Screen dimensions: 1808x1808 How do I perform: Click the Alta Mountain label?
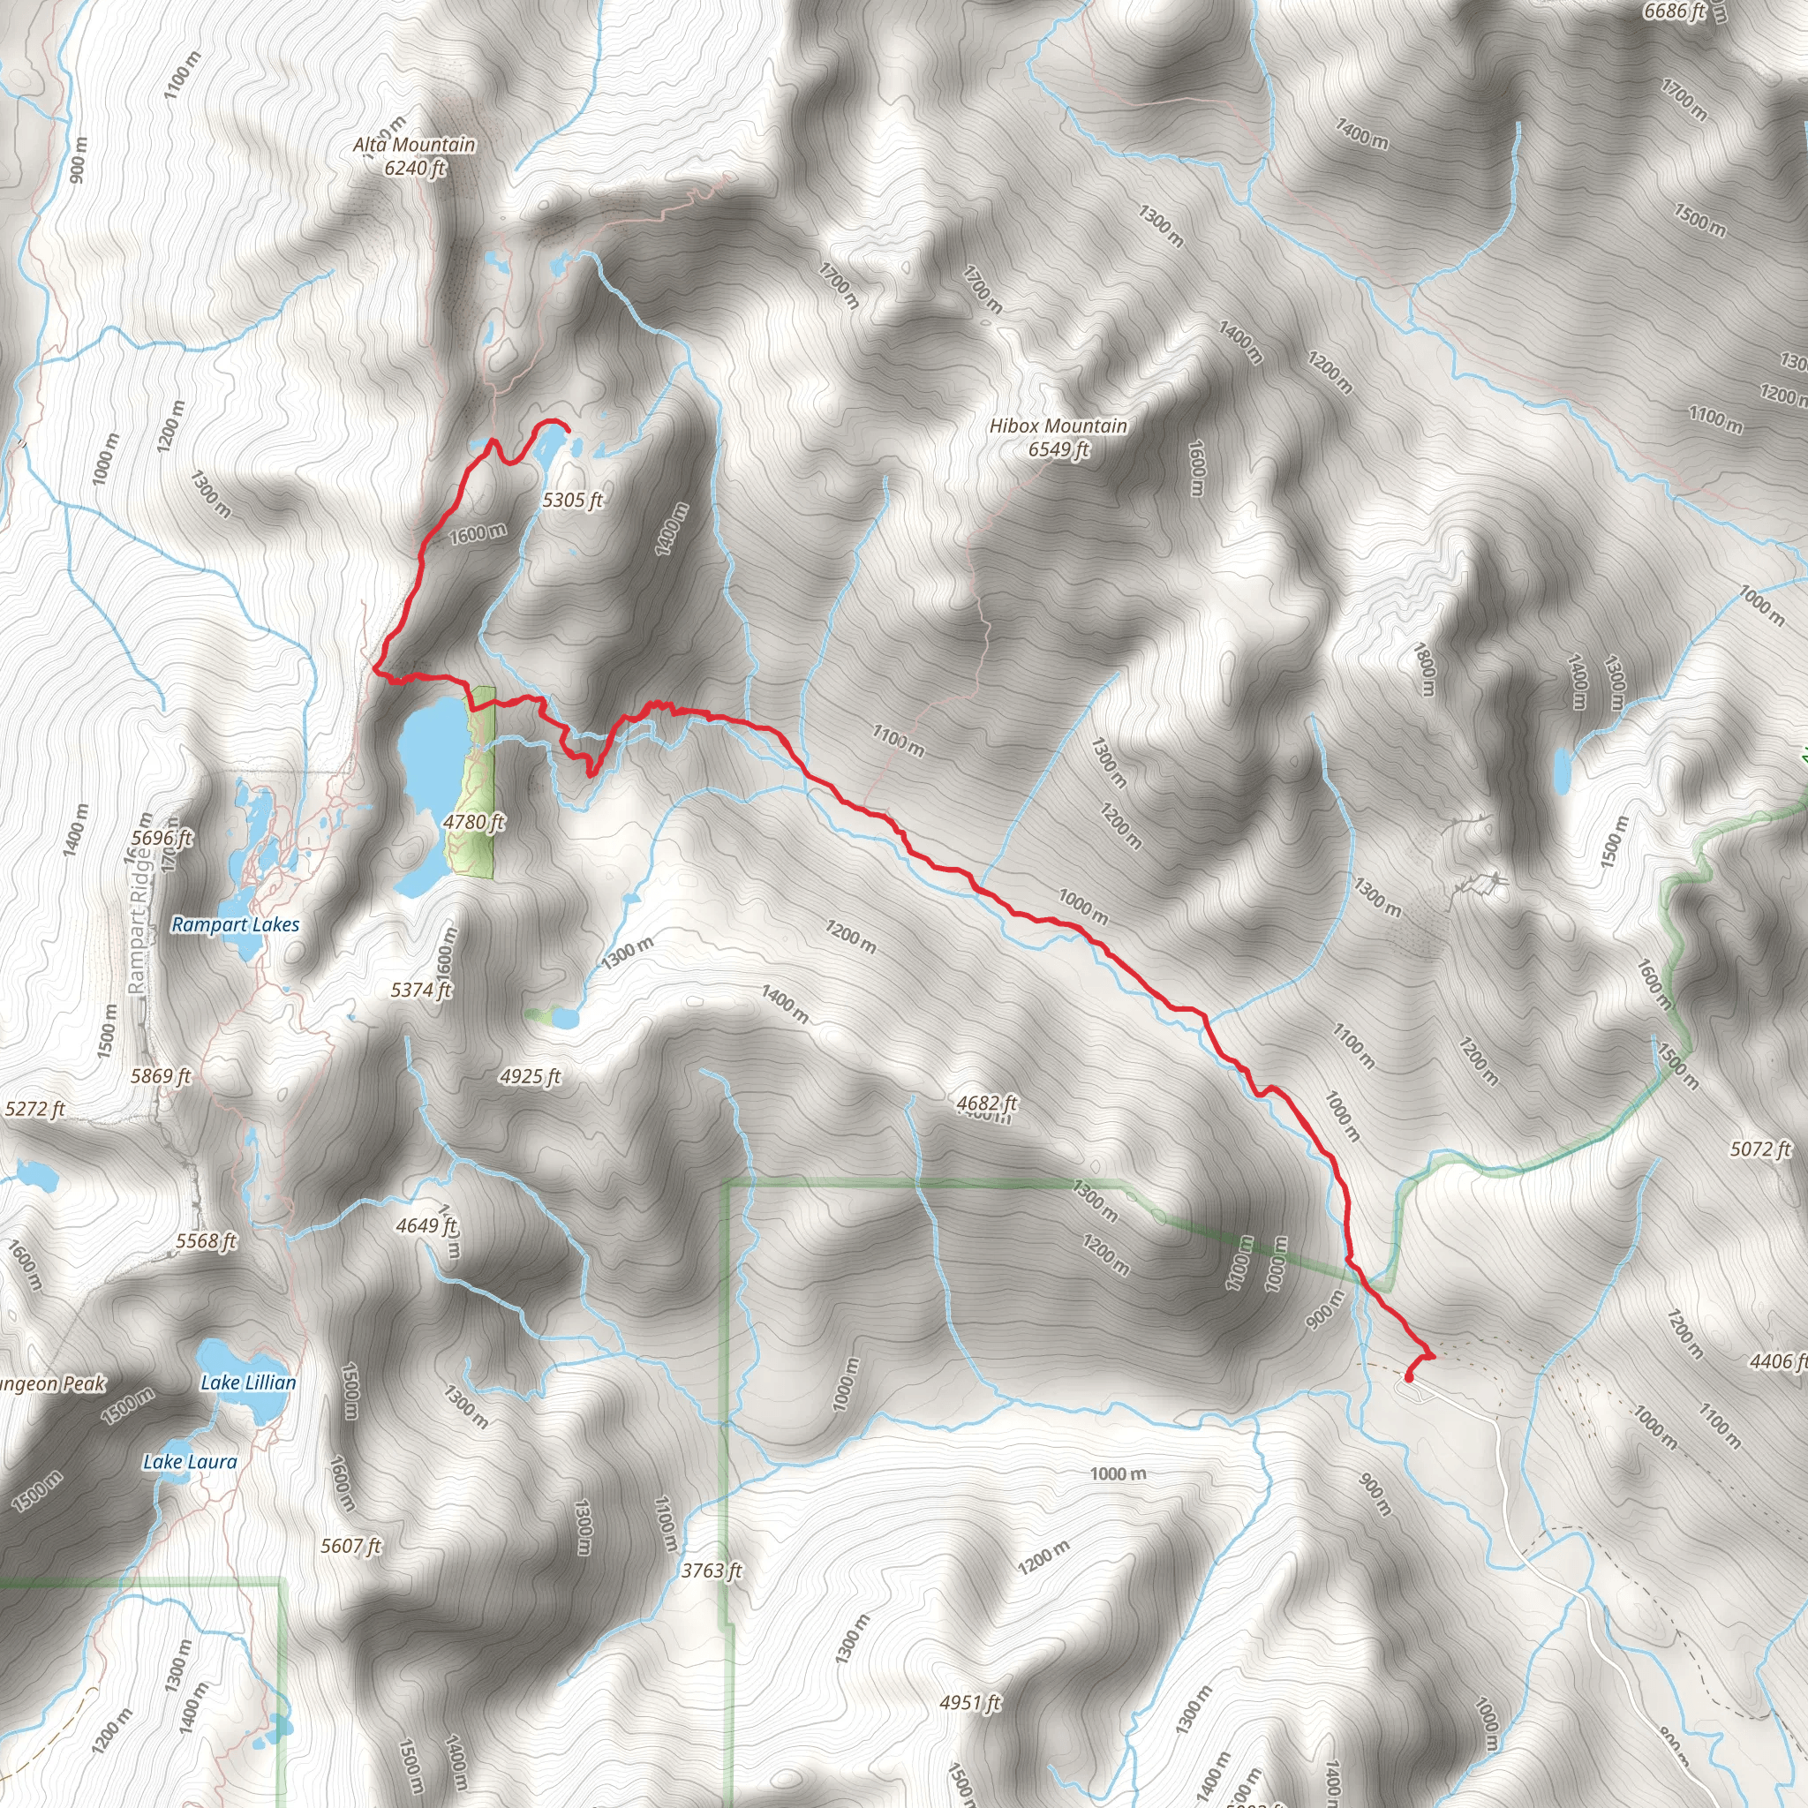pyautogui.click(x=414, y=145)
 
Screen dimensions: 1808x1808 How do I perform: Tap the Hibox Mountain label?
pyautogui.click(x=1058, y=426)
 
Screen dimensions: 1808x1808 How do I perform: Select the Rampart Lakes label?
pyautogui.click(x=236, y=924)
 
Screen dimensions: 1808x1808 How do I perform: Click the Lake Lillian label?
pyautogui.click(x=248, y=1382)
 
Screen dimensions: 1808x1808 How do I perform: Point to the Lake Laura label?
pyautogui.click(x=190, y=1462)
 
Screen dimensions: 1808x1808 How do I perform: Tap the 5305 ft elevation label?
pyautogui.click(x=572, y=501)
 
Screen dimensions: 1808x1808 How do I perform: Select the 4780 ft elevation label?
pyautogui.click(x=473, y=823)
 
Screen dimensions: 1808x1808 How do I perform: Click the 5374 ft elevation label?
pyautogui.click(x=421, y=991)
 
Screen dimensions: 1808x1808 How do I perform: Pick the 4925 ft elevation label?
pyautogui.click(x=530, y=1077)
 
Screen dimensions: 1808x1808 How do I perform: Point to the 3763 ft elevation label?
pyautogui.click(x=712, y=1571)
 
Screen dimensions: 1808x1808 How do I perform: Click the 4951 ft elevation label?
pyautogui.click(x=970, y=1702)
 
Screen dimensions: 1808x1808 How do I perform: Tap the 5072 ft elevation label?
pyautogui.click(x=1760, y=1149)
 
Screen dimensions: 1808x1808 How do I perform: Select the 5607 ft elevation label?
pyautogui.click(x=351, y=1546)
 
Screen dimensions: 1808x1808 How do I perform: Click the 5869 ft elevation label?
pyautogui.click(x=161, y=1076)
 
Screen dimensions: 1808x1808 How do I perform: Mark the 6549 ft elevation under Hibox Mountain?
pyautogui.click(x=1058, y=450)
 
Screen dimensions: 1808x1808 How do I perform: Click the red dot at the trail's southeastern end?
pyautogui.click(x=1409, y=1376)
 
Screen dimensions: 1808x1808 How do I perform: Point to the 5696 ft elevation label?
pyautogui.click(x=162, y=839)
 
